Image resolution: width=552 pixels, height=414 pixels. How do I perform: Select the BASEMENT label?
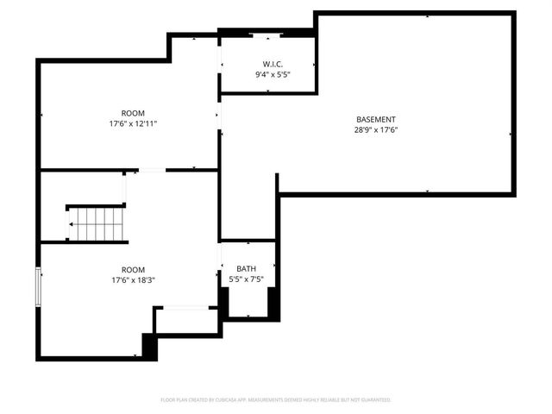pyautogui.click(x=376, y=119)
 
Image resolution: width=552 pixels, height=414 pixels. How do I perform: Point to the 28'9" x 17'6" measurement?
pyautogui.click(x=376, y=129)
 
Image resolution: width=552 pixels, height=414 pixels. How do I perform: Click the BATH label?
pyautogui.click(x=247, y=269)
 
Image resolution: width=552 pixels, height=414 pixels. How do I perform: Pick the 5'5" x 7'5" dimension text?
pyautogui.click(x=247, y=279)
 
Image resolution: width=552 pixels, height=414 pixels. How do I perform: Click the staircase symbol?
pyautogui.click(x=97, y=223)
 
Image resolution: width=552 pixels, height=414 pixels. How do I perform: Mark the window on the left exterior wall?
pyautogui.click(x=38, y=286)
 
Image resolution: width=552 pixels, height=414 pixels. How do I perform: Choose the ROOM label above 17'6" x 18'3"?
pyautogui.click(x=133, y=269)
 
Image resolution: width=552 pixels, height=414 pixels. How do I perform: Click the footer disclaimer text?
pyautogui.click(x=276, y=400)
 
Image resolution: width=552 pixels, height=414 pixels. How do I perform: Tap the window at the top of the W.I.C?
pyautogui.click(x=266, y=34)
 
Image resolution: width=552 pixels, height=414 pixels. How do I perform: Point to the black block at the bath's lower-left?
pyautogui.click(x=223, y=303)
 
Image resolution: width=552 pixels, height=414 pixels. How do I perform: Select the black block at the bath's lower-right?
pyautogui.click(x=273, y=303)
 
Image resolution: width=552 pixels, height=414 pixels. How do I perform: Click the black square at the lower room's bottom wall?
pyautogui.click(x=149, y=346)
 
